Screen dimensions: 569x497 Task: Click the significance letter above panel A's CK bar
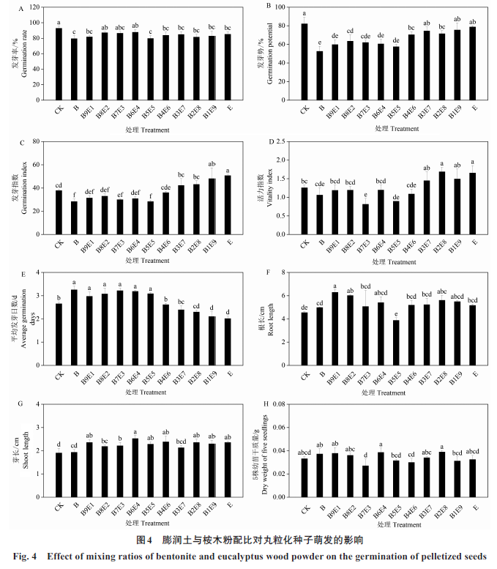(x=59, y=22)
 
